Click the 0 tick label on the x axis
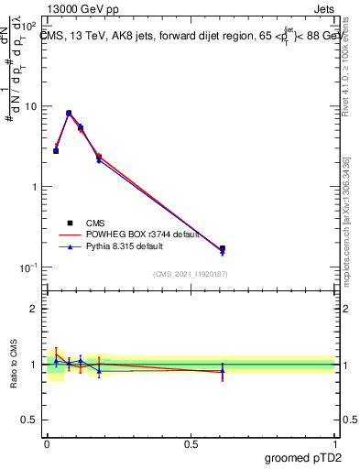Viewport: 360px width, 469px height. pos(47,443)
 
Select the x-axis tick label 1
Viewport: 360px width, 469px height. pos(334,443)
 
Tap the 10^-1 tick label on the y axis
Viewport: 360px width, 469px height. pos(30,267)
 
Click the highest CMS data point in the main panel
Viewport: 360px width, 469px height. pos(69,113)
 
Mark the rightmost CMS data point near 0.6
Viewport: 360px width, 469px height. pos(223,248)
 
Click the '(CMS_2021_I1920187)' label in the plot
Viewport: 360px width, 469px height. pos(191,274)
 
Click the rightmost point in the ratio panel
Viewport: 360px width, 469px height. pos(223,371)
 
